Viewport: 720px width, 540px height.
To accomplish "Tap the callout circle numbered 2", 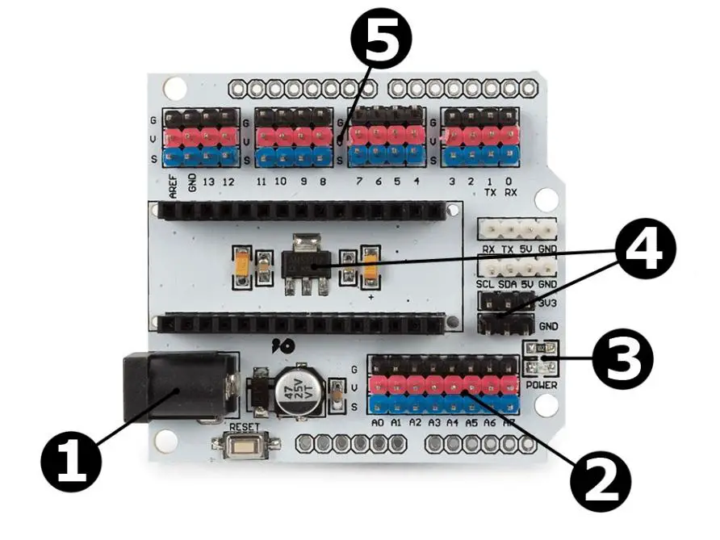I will (600, 483).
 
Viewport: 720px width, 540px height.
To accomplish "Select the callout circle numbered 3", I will (622, 360).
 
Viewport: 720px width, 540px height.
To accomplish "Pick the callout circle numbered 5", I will (381, 44).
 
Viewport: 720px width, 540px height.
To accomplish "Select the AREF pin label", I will (174, 186).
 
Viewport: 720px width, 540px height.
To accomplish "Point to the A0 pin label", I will (378, 423).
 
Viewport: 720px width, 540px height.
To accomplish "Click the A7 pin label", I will (508, 423).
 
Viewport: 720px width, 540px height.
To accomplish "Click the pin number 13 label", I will (210, 182).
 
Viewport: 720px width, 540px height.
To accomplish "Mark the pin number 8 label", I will (322, 182).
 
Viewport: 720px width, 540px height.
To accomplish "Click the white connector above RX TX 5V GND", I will (517, 229).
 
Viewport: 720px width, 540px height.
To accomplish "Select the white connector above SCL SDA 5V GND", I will (517, 267).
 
